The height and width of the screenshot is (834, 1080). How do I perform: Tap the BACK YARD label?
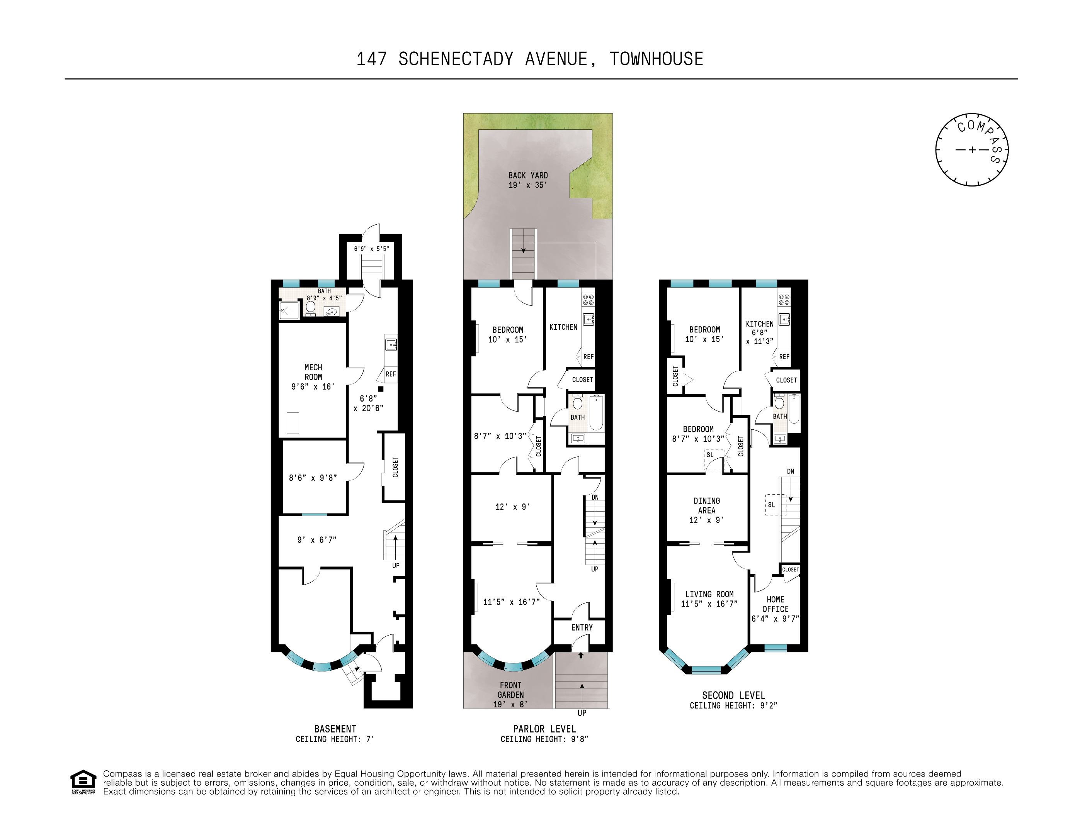point(528,175)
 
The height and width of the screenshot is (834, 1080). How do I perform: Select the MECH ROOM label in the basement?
point(313,372)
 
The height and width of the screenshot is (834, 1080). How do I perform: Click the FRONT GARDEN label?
point(510,690)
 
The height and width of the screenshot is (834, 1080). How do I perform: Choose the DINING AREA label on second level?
point(706,505)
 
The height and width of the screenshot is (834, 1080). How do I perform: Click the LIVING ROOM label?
point(709,594)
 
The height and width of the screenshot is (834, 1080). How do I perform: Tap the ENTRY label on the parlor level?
point(582,627)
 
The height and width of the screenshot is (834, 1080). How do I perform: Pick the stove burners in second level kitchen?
point(784,299)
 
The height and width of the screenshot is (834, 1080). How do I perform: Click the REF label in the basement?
point(391,374)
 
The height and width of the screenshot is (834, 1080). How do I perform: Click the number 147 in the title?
point(371,59)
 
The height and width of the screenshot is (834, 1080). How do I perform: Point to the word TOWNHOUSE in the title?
point(656,59)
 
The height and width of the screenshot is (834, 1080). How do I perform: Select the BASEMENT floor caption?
point(335,729)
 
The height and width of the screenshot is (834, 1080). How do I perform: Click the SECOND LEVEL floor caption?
point(733,695)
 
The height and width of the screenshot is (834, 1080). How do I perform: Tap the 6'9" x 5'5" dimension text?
point(371,249)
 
